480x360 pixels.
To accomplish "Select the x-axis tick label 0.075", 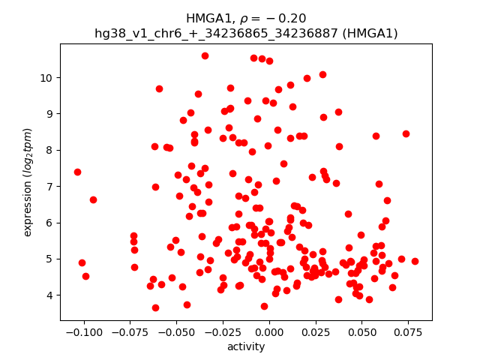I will coord(407,331).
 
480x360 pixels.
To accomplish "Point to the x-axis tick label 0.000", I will coord(268,331).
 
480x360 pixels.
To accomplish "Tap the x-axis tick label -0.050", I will coord(175,331).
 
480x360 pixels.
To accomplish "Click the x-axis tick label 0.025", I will coord(314,331).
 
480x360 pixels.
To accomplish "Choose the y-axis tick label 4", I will coord(50,295).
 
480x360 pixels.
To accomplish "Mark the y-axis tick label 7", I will coord(50,186).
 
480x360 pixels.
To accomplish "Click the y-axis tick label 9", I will coord(50,113).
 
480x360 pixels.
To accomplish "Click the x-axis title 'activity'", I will coord(246,346).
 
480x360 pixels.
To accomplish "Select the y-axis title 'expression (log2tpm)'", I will coord(28,182).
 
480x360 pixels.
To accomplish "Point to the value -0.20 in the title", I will coord(289,19).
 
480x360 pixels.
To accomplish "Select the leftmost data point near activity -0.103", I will coord(77,172).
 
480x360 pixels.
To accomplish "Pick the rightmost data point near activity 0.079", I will coord(415,261).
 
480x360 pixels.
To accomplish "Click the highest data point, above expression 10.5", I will coord(205,55).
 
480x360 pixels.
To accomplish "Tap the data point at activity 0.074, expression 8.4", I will coord(406,133).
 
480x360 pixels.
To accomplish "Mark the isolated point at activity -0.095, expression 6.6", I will coord(93,199).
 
